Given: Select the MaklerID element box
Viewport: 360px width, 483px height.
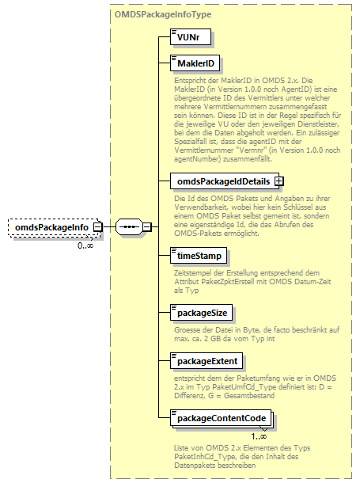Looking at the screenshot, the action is click(x=192, y=63).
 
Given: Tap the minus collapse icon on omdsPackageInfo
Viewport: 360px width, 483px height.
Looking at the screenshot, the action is click(x=98, y=228).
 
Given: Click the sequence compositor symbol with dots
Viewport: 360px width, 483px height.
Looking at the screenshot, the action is click(x=129, y=228).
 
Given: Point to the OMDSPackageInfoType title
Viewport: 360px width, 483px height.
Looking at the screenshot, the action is click(x=161, y=14).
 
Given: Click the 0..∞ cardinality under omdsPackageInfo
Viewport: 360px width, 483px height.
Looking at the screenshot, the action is click(x=86, y=245).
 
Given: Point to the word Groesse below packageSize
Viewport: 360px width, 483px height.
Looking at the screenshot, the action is click(x=188, y=329).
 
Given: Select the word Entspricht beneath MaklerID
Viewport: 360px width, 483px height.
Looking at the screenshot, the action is click(x=192, y=81).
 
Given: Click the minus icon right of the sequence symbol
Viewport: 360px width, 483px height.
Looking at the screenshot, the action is click(x=146, y=228).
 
